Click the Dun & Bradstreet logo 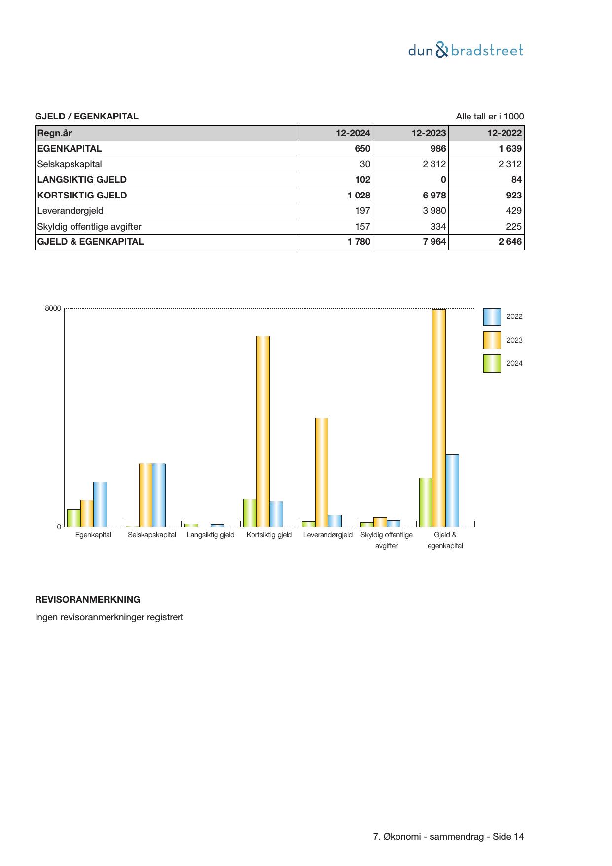coord(466,50)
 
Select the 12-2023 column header coord(429,133)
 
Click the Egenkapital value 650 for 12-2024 coord(362,149)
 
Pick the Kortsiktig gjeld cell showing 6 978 coord(434,195)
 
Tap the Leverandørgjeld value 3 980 coord(434,211)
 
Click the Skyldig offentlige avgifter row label coord(89,227)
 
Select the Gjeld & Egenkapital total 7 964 coord(434,242)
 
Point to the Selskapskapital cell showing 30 coord(365,164)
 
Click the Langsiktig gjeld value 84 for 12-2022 coord(516,180)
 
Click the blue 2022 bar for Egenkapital coord(100,504)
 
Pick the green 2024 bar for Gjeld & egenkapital coord(425,502)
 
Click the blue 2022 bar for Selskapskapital coord(159,495)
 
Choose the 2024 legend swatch coord(492,363)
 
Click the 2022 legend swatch coord(492,317)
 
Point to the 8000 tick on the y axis coord(53,309)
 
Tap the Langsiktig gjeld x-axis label coord(211,535)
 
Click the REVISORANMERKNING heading coord(87,600)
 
